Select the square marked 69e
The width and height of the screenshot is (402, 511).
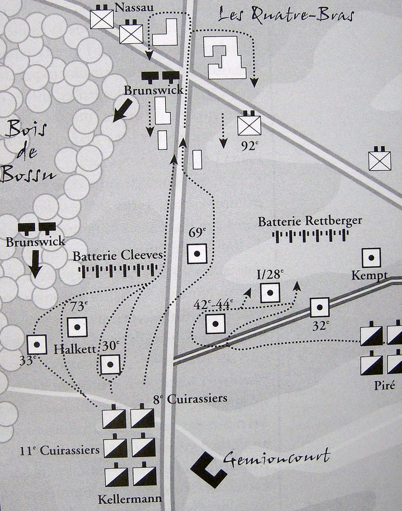197,254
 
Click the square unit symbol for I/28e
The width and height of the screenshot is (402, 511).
270,293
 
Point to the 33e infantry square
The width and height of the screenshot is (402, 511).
37,344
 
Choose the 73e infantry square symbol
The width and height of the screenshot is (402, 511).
77,327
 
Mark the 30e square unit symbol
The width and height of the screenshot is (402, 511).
110,364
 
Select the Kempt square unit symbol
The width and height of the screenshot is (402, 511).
371,257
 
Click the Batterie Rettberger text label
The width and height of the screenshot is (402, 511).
310,221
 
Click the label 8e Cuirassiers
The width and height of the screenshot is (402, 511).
190,399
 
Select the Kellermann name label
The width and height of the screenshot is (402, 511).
130,499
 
